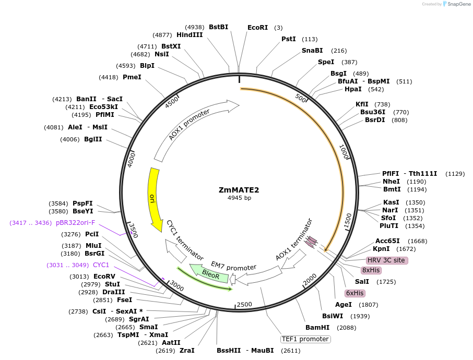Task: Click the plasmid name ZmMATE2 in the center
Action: tap(239, 190)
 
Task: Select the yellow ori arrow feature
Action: tap(153, 200)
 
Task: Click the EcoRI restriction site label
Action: tap(257, 27)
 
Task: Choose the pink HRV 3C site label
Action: tap(386, 260)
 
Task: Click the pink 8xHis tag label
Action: tap(371, 270)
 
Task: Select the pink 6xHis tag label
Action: tap(354, 293)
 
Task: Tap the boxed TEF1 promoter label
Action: tap(305, 339)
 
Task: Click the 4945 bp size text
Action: tap(239, 198)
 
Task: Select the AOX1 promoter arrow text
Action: tap(189, 125)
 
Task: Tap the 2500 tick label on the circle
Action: tap(244, 304)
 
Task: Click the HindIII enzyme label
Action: tap(190, 35)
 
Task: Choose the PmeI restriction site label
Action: tap(132, 77)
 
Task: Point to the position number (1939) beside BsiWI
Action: tap(360, 316)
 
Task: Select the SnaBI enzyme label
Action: tap(312, 51)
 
